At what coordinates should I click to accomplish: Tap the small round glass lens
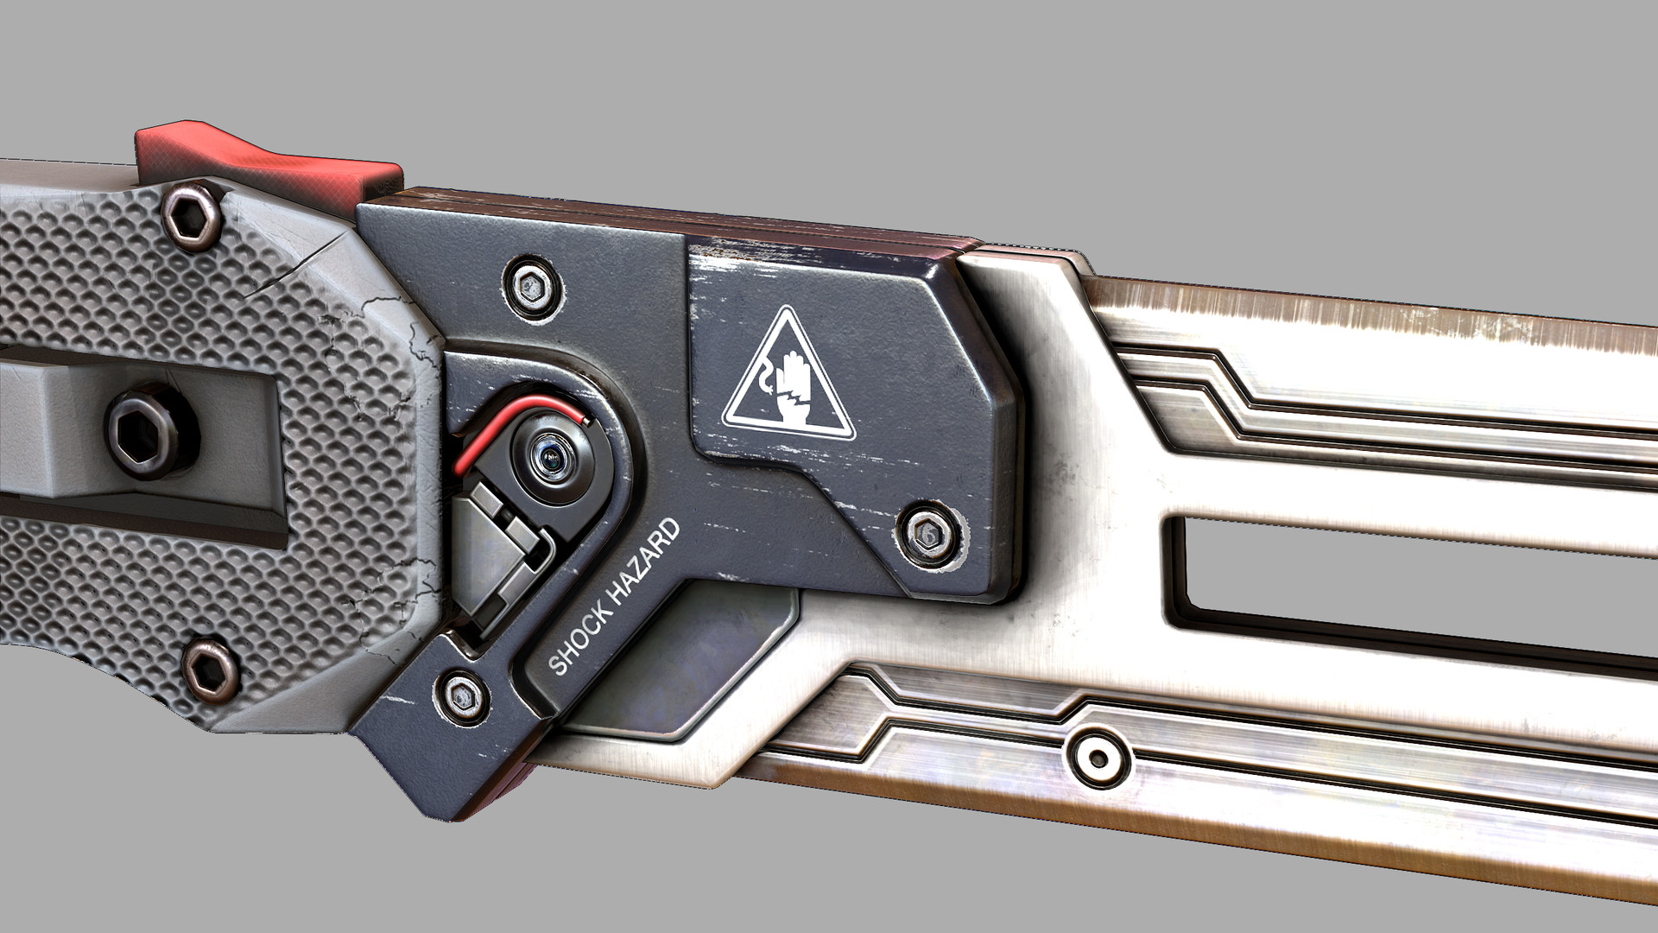[x=547, y=454]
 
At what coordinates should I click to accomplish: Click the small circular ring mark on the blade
[x=1098, y=758]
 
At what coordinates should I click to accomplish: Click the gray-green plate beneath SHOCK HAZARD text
[x=691, y=657]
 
